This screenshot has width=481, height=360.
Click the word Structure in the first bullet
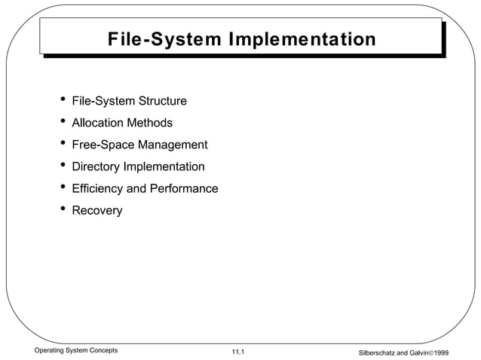(161, 101)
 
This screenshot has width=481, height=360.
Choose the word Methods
(149, 123)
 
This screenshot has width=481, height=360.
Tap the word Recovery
(97, 210)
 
